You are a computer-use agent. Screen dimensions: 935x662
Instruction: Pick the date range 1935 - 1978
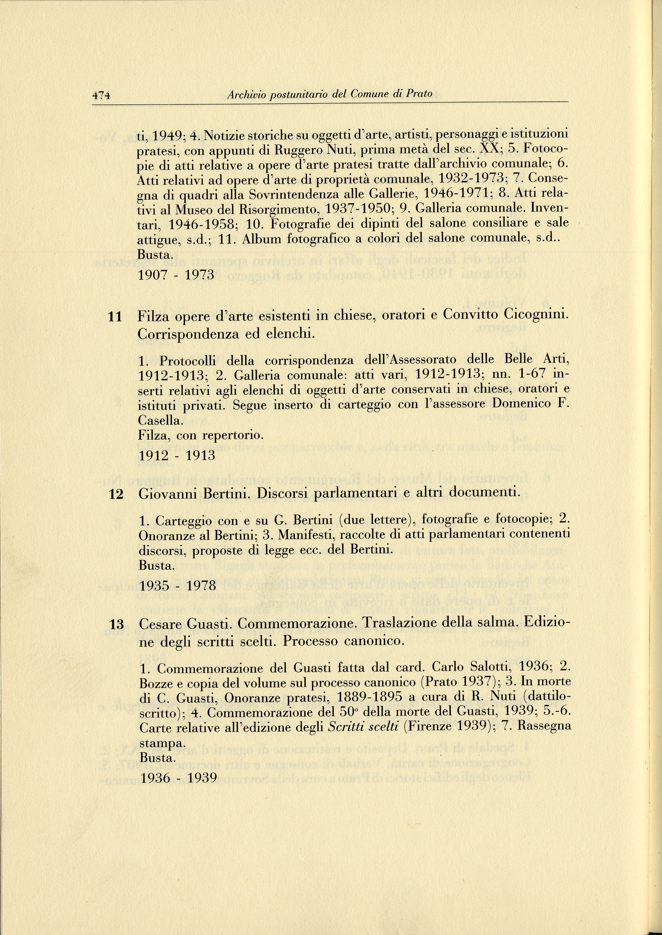177,586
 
